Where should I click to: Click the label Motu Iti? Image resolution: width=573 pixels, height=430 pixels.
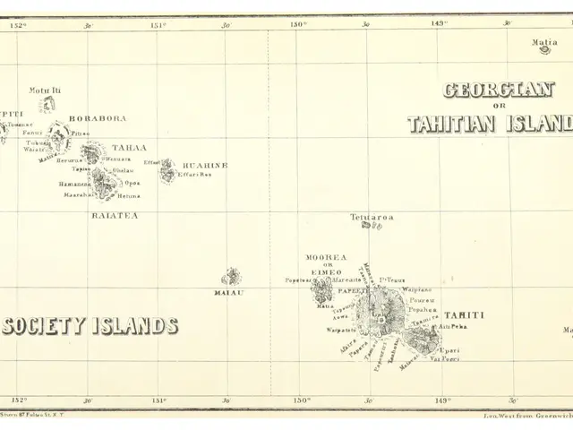click(45, 90)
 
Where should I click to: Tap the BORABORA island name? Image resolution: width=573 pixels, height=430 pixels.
click(98, 118)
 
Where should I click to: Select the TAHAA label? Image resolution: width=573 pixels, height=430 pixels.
click(130, 147)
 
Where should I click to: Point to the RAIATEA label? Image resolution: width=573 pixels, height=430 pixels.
click(115, 215)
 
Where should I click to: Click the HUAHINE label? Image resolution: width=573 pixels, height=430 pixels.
click(205, 166)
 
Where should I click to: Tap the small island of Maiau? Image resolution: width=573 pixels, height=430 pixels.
click(231, 276)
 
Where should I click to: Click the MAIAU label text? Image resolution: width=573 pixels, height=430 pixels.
click(229, 292)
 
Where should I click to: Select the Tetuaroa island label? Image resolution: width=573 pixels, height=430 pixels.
click(372, 216)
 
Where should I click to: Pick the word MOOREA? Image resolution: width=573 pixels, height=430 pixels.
click(326, 257)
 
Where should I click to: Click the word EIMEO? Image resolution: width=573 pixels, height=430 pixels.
click(327, 273)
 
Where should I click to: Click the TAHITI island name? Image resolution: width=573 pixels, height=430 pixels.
click(464, 315)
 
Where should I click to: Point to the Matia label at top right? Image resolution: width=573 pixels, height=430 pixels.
click(544, 42)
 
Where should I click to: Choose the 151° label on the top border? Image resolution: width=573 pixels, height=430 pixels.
click(158, 25)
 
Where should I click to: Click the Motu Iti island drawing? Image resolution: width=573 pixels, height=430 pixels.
click(47, 105)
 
